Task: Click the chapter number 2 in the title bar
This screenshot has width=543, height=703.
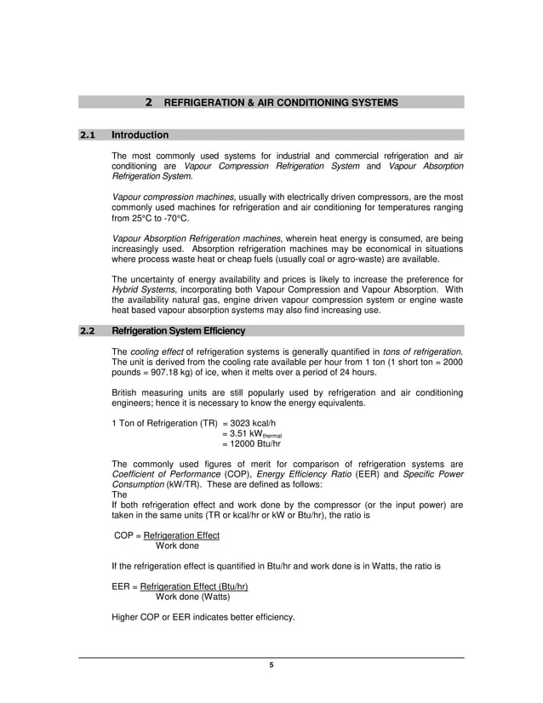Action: [149, 102]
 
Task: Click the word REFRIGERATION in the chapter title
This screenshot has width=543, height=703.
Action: [203, 102]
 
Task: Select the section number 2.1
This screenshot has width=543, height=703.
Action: [89, 134]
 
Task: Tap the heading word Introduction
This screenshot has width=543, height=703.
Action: [140, 134]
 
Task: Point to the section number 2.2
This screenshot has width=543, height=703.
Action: [89, 331]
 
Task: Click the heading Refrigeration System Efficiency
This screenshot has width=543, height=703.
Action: [179, 331]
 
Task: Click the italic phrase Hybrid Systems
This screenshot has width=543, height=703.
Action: [139, 289]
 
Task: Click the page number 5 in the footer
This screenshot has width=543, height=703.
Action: [271, 665]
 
